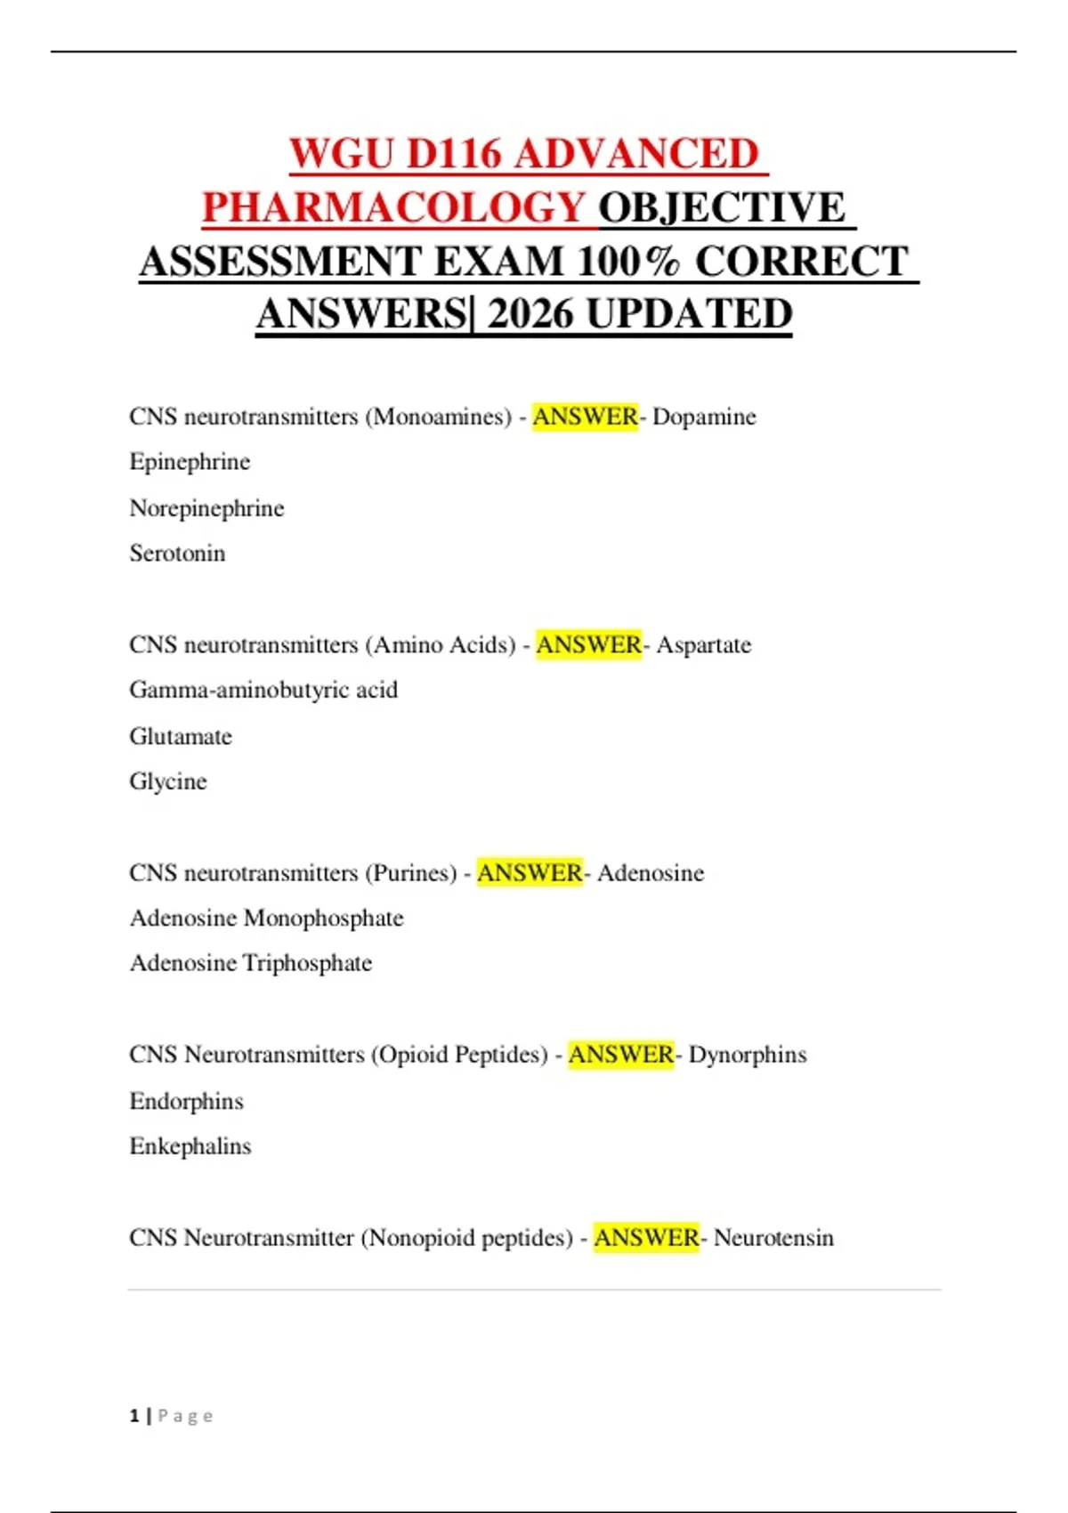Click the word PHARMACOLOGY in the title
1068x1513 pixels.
(x=392, y=208)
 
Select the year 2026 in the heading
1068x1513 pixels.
(x=530, y=314)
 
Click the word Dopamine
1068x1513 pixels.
(x=704, y=417)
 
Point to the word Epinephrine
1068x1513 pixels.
(x=190, y=462)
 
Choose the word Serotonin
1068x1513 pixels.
(x=177, y=554)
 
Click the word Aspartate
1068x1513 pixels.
(x=703, y=644)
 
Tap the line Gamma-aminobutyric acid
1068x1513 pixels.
(x=263, y=690)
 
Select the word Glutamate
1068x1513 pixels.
(x=181, y=736)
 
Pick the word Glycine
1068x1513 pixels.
(x=168, y=781)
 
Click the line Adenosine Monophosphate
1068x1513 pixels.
(x=267, y=918)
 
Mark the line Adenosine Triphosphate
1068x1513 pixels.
(x=251, y=963)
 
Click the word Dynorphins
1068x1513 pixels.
(x=748, y=1055)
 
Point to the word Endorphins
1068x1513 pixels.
(x=186, y=1101)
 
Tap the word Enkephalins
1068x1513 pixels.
(x=190, y=1146)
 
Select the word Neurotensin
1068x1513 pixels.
(x=773, y=1238)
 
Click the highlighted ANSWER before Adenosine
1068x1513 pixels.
(x=530, y=873)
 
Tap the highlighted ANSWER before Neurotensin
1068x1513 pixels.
(x=646, y=1238)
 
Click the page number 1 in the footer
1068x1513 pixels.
(x=134, y=1416)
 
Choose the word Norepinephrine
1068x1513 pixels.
(x=206, y=508)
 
